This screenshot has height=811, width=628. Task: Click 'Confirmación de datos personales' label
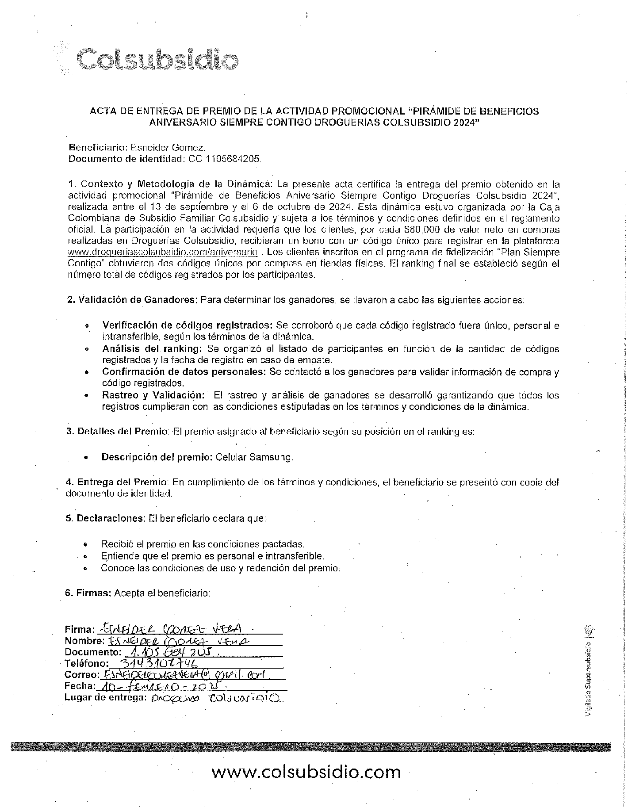pos(184,372)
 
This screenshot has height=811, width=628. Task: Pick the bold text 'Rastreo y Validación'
pos(153,395)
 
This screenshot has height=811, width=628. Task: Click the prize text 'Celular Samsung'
pos(254,457)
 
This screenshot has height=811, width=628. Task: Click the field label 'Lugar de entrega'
pos(105,697)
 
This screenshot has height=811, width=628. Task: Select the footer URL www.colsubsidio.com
pos(306,772)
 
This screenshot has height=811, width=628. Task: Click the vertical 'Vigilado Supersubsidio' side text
pos(588,677)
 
